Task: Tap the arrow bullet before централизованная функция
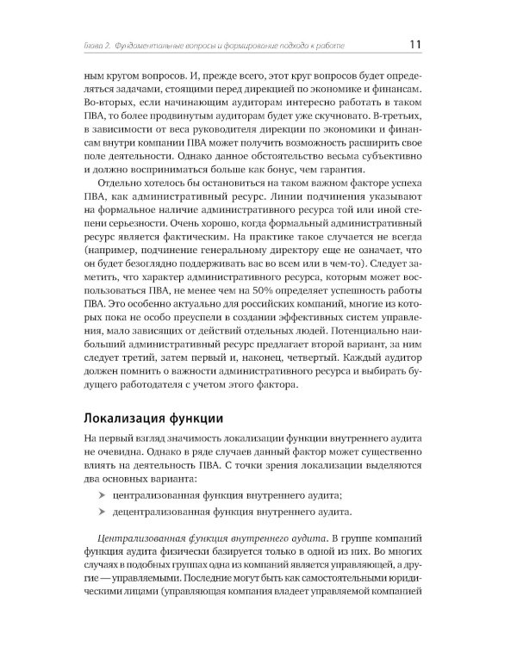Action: [x=103, y=494]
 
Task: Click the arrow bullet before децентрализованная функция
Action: [x=103, y=512]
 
